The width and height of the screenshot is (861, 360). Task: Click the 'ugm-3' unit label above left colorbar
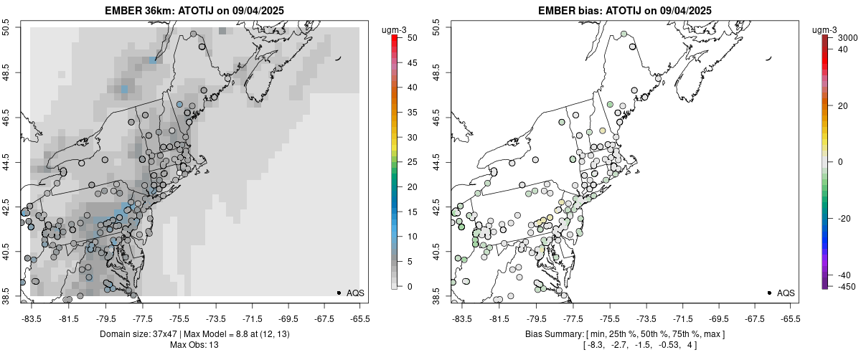point(395,29)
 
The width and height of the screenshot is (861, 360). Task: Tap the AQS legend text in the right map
point(786,293)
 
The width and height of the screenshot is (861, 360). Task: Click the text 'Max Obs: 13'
point(194,345)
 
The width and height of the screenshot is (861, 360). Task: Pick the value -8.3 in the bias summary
point(591,345)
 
